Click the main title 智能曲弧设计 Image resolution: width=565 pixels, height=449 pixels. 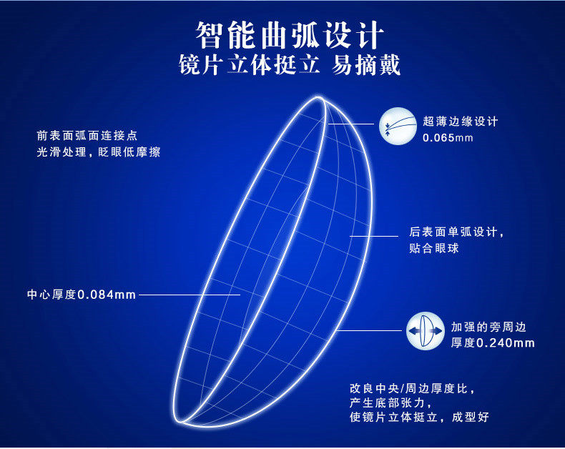pyautogui.click(x=290, y=35)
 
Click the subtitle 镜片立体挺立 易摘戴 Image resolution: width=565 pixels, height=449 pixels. pyautogui.click(x=290, y=65)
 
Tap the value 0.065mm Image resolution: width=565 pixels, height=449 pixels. pyautogui.click(x=448, y=138)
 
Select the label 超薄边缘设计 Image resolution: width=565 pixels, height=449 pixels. pyautogui.click(x=460, y=122)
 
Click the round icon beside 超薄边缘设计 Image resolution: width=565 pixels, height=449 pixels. pyautogui.click(x=398, y=126)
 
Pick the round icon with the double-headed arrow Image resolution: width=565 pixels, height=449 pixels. pyautogui.click(x=426, y=331)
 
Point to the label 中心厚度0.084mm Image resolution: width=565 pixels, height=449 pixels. pyautogui.click(x=82, y=295)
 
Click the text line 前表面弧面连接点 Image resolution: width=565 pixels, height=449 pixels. pyautogui.click(x=87, y=136)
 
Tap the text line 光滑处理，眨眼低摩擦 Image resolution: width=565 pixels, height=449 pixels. pyautogui.click(x=99, y=152)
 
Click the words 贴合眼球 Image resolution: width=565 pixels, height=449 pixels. pyautogui.click(x=434, y=248)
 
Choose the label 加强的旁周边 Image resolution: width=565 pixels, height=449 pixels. pyautogui.click(x=488, y=327)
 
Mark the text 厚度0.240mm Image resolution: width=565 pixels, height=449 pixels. pyautogui.click(x=493, y=342)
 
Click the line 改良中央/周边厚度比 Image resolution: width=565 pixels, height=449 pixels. pyautogui.click(x=412, y=388)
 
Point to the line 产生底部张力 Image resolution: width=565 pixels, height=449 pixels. pyautogui.click(x=390, y=403)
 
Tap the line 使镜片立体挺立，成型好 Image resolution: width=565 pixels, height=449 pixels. pyautogui.click(x=419, y=417)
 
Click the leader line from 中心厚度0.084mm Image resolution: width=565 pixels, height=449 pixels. pyautogui.click(x=190, y=295)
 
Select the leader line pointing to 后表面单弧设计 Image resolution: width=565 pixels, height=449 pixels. pyautogui.click(x=374, y=237)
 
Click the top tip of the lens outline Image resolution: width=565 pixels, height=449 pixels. pyautogui.click(x=319, y=97)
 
